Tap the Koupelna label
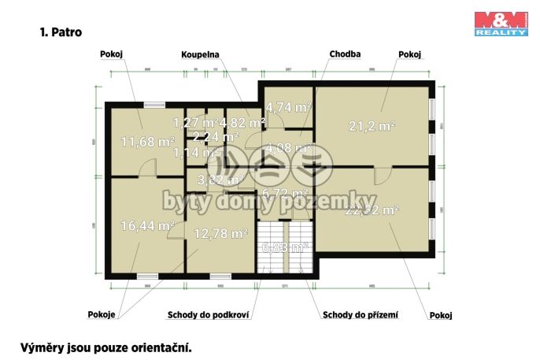click(199, 55)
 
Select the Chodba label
click(345, 54)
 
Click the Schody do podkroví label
click(209, 316)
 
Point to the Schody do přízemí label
click(361, 316)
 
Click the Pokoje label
click(102, 315)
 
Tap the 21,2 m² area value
click(372, 124)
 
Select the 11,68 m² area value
click(147, 142)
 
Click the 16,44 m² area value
click(147, 225)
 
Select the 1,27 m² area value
click(195, 122)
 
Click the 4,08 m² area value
click(287, 147)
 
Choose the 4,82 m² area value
click(242, 122)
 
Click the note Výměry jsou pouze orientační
click(105, 347)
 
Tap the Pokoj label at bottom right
click(441, 316)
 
